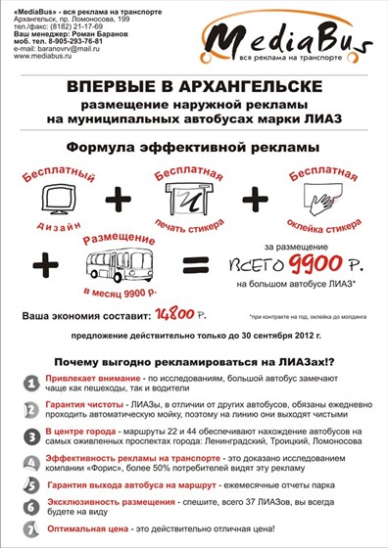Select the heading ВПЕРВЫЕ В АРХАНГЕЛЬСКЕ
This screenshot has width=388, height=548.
(192, 88)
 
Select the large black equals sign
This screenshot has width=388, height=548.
(196, 264)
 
